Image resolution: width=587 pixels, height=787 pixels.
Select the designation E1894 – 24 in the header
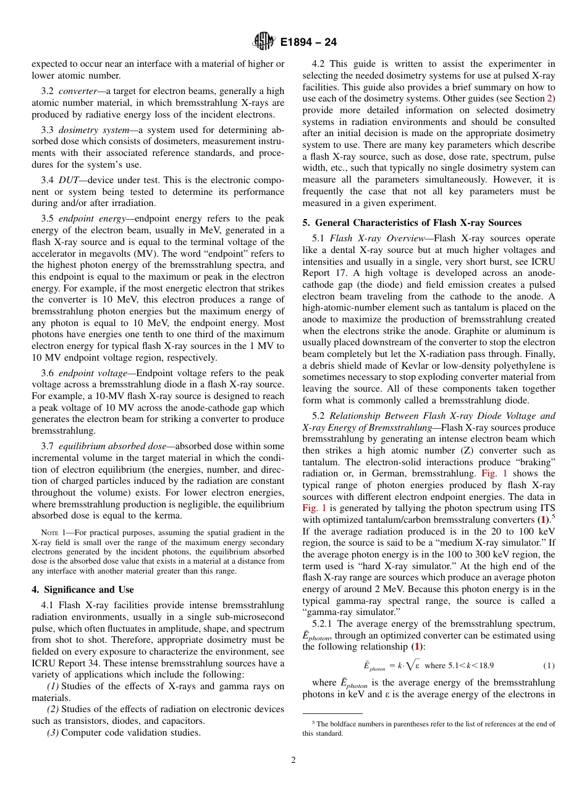click(x=308, y=43)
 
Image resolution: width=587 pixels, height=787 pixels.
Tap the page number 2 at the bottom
click(x=293, y=760)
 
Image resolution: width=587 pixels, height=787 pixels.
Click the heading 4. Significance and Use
click(x=83, y=590)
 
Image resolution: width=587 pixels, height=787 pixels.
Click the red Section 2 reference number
click(x=552, y=98)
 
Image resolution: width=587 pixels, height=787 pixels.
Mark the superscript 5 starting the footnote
click(x=314, y=722)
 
